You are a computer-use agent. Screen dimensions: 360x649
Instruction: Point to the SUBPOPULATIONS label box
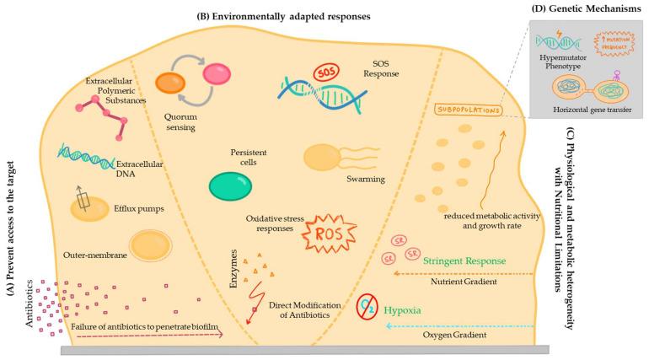(464, 110)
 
